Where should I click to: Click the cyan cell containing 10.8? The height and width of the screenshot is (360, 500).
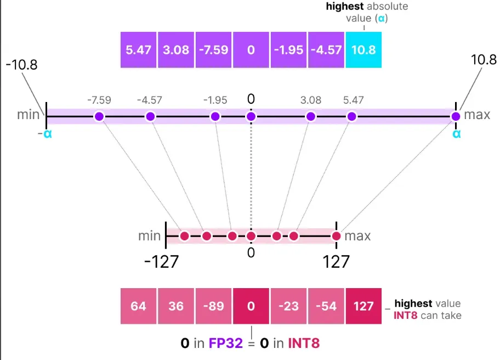pyautogui.click(x=363, y=50)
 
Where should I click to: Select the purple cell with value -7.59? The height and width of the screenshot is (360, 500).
pyautogui.click(x=213, y=50)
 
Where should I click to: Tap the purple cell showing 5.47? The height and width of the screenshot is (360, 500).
pyautogui.click(x=138, y=50)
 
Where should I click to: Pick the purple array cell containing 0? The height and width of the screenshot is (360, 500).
pyautogui.click(x=251, y=50)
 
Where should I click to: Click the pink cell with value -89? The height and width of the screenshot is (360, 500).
pyautogui.click(x=213, y=306)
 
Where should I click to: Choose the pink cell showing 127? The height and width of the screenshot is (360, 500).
pyautogui.click(x=363, y=306)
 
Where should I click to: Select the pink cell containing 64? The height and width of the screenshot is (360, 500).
pyautogui.click(x=138, y=306)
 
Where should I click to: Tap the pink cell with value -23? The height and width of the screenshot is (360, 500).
pyautogui.click(x=288, y=306)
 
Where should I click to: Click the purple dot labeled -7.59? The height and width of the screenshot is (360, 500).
pyautogui.click(x=99, y=116)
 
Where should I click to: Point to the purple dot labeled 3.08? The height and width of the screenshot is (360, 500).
pyautogui.click(x=311, y=116)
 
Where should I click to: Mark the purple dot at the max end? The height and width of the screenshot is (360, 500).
pyautogui.click(x=456, y=116)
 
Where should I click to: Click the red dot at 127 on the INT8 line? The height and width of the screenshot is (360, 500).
pyautogui.click(x=336, y=236)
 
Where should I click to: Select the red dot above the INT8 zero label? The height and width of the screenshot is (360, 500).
pyautogui.click(x=251, y=236)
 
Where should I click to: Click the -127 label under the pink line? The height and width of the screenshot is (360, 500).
pyautogui.click(x=161, y=262)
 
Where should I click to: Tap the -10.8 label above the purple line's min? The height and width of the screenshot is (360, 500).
pyautogui.click(x=22, y=65)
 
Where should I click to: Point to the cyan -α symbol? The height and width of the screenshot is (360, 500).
pyautogui.click(x=44, y=134)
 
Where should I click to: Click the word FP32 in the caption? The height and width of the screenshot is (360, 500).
pyautogui.click(x=226, y=344)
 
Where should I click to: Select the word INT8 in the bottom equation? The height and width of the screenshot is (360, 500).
pyautogui.click(x=304, y=344)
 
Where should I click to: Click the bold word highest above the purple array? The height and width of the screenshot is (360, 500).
pyautogui.click(x=345, y=7)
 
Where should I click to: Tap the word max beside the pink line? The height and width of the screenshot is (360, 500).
pyautogui.click(x=357, y=236)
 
